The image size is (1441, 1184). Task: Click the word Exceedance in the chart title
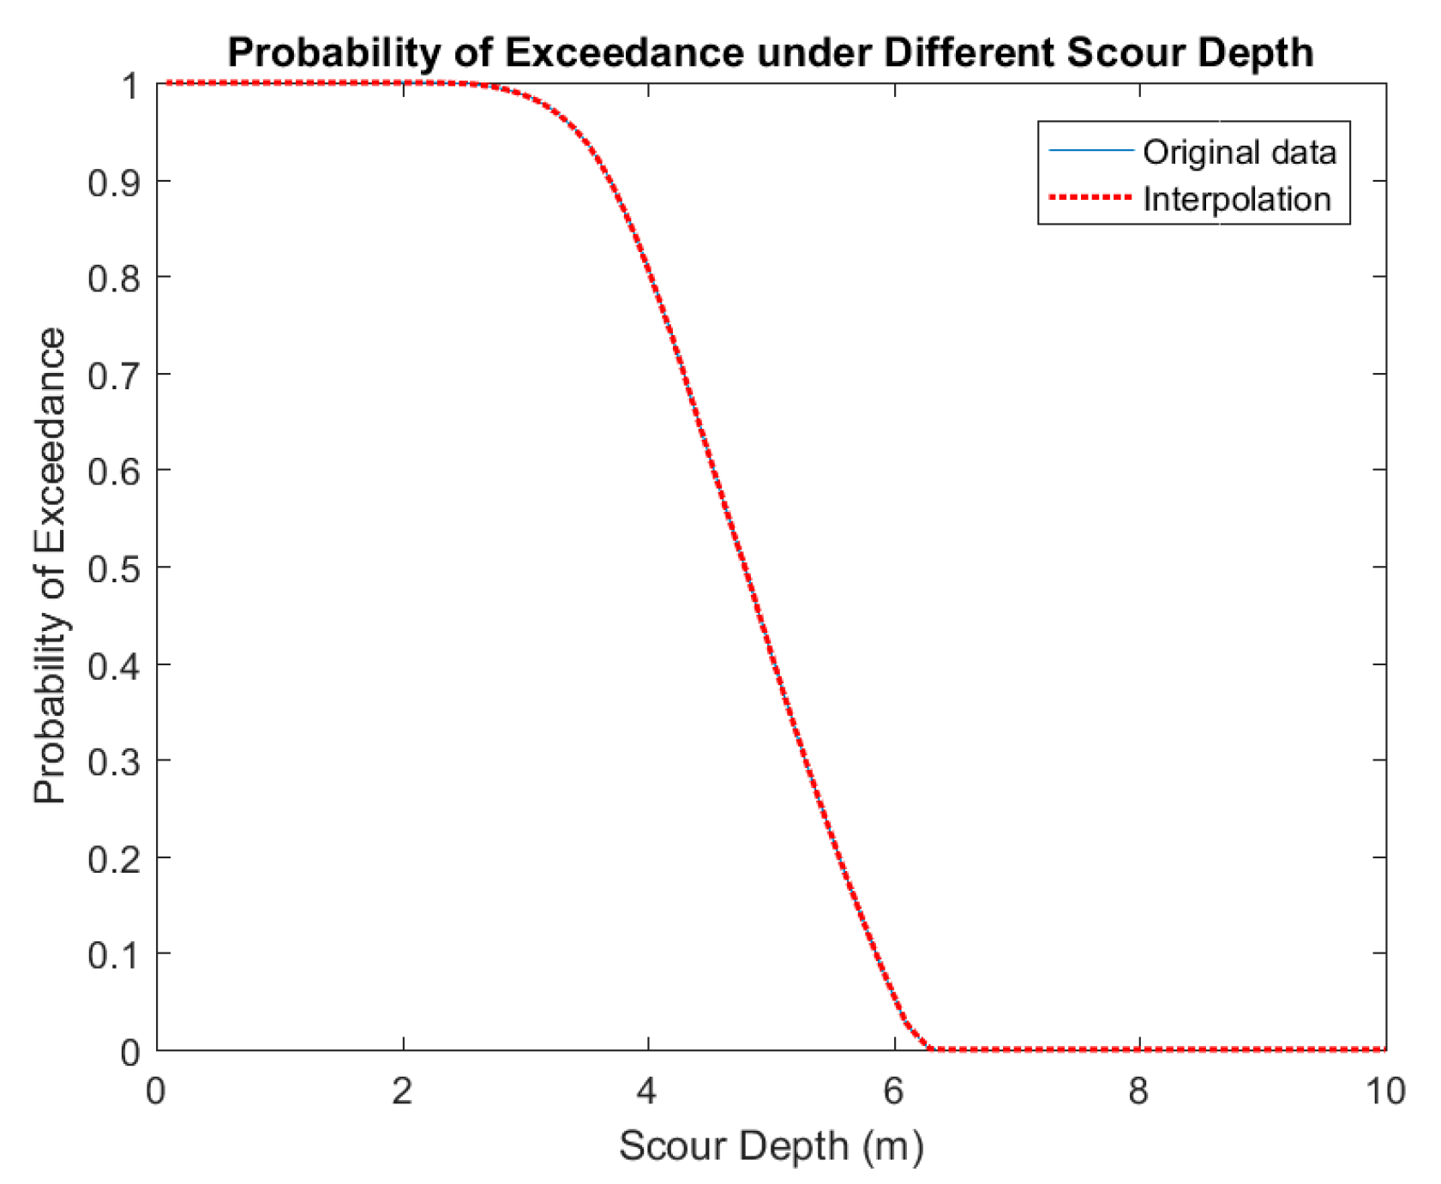[624, 53]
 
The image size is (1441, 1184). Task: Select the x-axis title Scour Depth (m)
[772, 1146]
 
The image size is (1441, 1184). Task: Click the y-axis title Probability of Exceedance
[50, 566]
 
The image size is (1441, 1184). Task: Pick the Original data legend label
[1240, 153]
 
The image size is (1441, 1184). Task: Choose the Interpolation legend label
[1237, 200]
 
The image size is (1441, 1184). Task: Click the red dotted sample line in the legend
[1090, 198]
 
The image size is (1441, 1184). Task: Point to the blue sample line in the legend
[1090, 151]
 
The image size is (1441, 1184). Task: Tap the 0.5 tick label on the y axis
[114, 568]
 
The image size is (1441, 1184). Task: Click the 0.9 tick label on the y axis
[114, 182]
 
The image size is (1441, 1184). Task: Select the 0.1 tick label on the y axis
[114, 954]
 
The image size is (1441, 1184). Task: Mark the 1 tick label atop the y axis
[130, 85]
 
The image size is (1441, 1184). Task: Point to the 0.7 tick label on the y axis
[114, 375]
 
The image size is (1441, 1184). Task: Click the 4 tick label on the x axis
[648, 1091]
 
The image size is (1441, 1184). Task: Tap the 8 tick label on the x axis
[1139, 1091]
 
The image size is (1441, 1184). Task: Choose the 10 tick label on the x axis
[1384, 1091]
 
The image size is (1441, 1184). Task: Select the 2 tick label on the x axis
[403, 1091]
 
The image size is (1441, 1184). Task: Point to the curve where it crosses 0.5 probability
[744, 567]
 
